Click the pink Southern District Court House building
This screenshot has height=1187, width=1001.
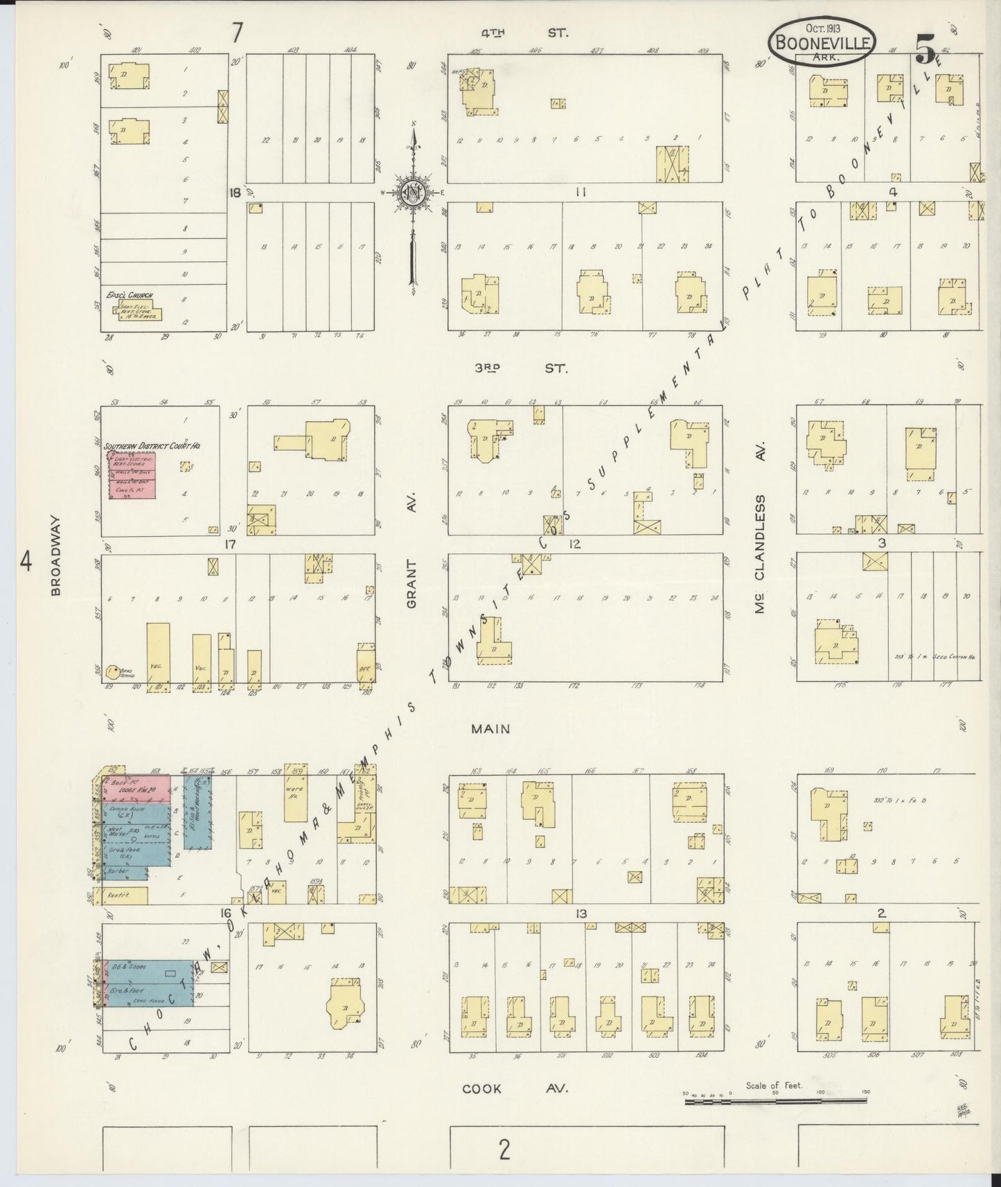(x=131, y=474)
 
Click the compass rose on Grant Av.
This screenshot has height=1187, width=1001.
(x=414, y=195)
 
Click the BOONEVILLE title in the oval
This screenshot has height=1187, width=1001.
(x=822, y=43)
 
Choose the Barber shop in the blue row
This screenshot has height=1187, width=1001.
(x=125, y=873)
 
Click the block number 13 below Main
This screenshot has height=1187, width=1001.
(x=581, y=914)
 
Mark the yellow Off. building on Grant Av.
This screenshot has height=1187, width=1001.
(x=365, y=666)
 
